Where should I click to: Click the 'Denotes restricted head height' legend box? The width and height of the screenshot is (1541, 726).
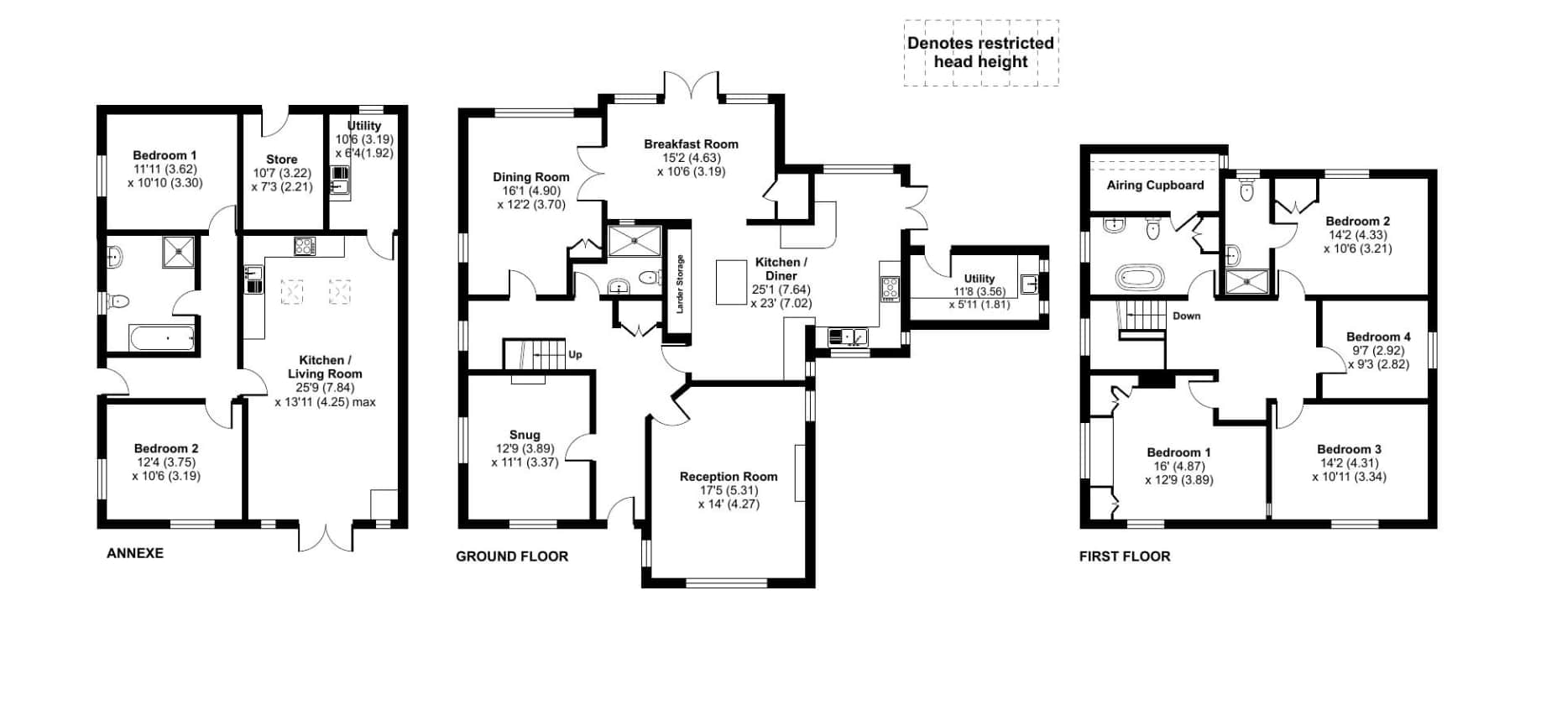[980, 52]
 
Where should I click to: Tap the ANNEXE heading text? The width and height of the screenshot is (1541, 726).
[134, 553]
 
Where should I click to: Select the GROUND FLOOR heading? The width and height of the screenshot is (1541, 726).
[511, 556]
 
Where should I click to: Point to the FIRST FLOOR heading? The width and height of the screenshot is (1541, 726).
[1124, 556]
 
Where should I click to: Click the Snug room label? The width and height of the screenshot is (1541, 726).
[525, 435]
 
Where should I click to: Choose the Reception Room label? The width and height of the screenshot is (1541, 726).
[728, 477]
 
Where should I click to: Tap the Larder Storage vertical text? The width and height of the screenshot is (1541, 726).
[680, 285]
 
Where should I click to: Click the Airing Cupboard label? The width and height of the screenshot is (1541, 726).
[1154, 185]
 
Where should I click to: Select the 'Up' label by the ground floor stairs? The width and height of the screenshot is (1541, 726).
[575, 354]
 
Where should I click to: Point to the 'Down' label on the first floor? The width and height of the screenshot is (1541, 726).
[1186, 316]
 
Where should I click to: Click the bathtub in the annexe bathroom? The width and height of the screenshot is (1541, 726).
[163, 339]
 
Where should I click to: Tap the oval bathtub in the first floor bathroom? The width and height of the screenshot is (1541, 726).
[1140, 276]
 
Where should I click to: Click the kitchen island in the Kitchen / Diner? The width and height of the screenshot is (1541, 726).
[731, 282]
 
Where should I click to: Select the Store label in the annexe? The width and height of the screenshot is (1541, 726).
[281, 159]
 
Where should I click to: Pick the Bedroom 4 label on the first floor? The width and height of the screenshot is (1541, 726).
[1378, 337]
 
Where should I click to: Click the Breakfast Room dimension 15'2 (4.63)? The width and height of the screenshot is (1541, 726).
[691, 158]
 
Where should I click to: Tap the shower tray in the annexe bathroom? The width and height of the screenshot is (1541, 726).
[178, 251]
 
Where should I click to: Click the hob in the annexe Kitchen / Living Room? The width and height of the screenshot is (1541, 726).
[305, 247]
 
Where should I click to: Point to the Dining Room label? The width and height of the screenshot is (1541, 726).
[530, 177]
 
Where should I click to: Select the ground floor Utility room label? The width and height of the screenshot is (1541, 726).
[979, 279]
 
